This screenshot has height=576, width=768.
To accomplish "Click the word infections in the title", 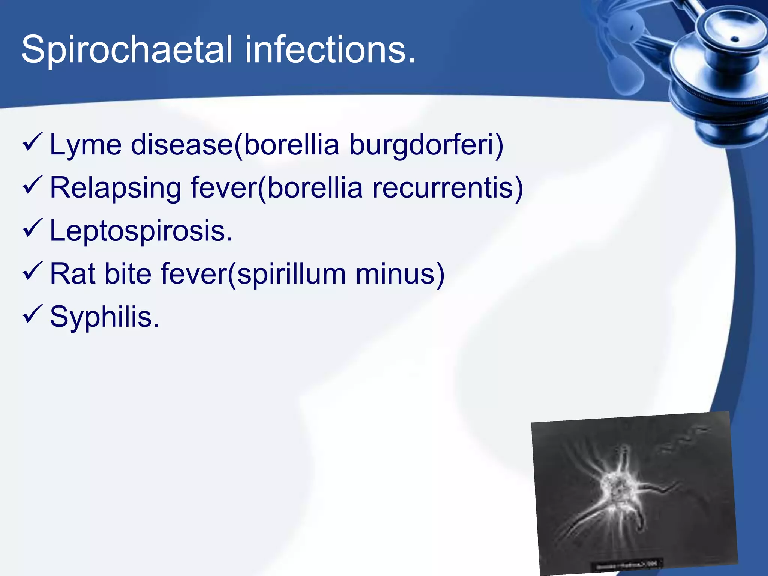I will (x=330, y=49).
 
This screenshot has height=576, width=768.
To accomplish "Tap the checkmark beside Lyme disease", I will (x=33, y=142).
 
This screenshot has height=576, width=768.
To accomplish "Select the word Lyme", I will (x=85, y=145).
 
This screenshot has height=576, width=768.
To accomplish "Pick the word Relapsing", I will (x=115, y=188).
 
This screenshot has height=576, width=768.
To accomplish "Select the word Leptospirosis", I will (x=141, y=231).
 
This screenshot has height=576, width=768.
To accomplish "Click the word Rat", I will (x=72, y=274).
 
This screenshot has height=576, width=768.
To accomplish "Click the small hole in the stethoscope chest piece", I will (x=735, y=39).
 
